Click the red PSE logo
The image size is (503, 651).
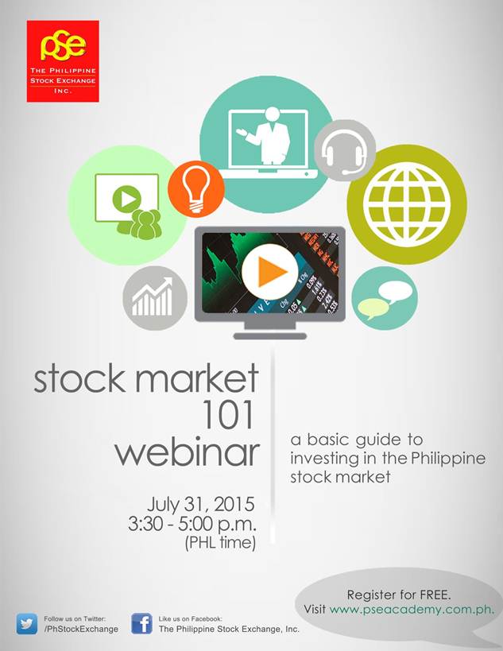63,61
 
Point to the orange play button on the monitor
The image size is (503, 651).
269,273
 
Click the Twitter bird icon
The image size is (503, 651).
28,623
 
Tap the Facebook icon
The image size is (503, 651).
142,623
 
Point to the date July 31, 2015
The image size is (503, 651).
200,505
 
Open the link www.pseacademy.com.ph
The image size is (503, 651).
412,610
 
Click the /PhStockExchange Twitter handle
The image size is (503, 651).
81,629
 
